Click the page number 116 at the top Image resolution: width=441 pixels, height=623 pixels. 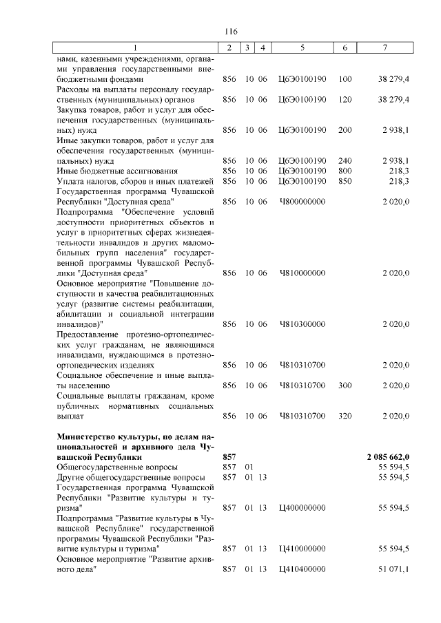(x=231, y=32)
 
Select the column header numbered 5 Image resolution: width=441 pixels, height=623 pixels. (x=302, y=47)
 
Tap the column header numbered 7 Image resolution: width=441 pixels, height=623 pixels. (x=389, y=47)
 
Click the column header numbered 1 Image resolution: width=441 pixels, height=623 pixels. (x=135, y=47)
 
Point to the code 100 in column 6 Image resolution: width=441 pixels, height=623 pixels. (x=345, y=80)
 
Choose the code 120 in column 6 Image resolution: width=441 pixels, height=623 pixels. (x=345, y=100)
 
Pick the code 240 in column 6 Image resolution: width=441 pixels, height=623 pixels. (x=345, y=160)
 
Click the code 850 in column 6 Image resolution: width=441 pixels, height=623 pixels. (x=345, y=180)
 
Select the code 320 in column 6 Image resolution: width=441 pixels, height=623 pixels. (x=345, y=416)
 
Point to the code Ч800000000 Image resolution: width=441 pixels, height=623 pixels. (x=302, y=201)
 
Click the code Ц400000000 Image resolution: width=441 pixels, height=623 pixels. (x=302, y=507)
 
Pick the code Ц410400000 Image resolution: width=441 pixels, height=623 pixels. (x=302, y=569)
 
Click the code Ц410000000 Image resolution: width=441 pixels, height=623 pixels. (x=302, y=549)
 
